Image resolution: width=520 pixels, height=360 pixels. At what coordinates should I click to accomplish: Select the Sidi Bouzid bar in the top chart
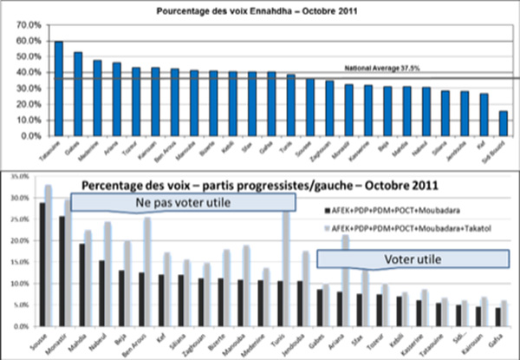pyautogui.click(x=504, y=123)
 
